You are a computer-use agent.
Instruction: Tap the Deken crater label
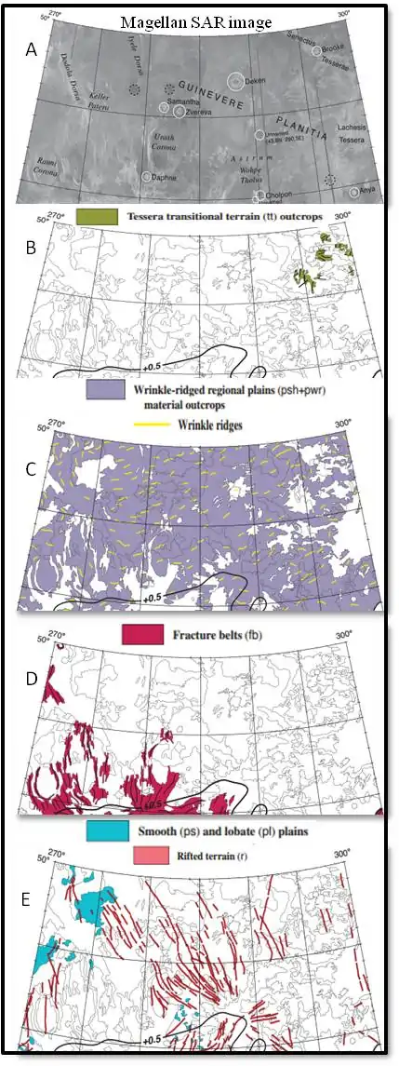(256, 82)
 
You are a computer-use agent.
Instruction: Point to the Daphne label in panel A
(166, 176)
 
